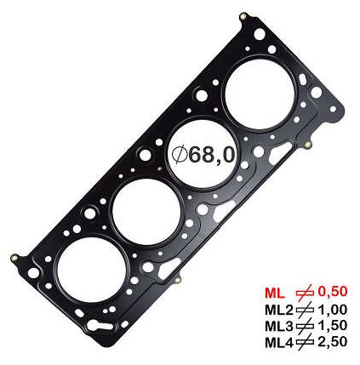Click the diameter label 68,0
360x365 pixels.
212,155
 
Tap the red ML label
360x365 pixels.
274,294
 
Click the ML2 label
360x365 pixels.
278,310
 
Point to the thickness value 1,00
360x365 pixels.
332,310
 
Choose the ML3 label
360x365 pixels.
278,326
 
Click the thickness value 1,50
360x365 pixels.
332,326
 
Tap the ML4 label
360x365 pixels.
278,342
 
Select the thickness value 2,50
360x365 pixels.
332,342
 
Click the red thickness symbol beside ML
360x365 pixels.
305,293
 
